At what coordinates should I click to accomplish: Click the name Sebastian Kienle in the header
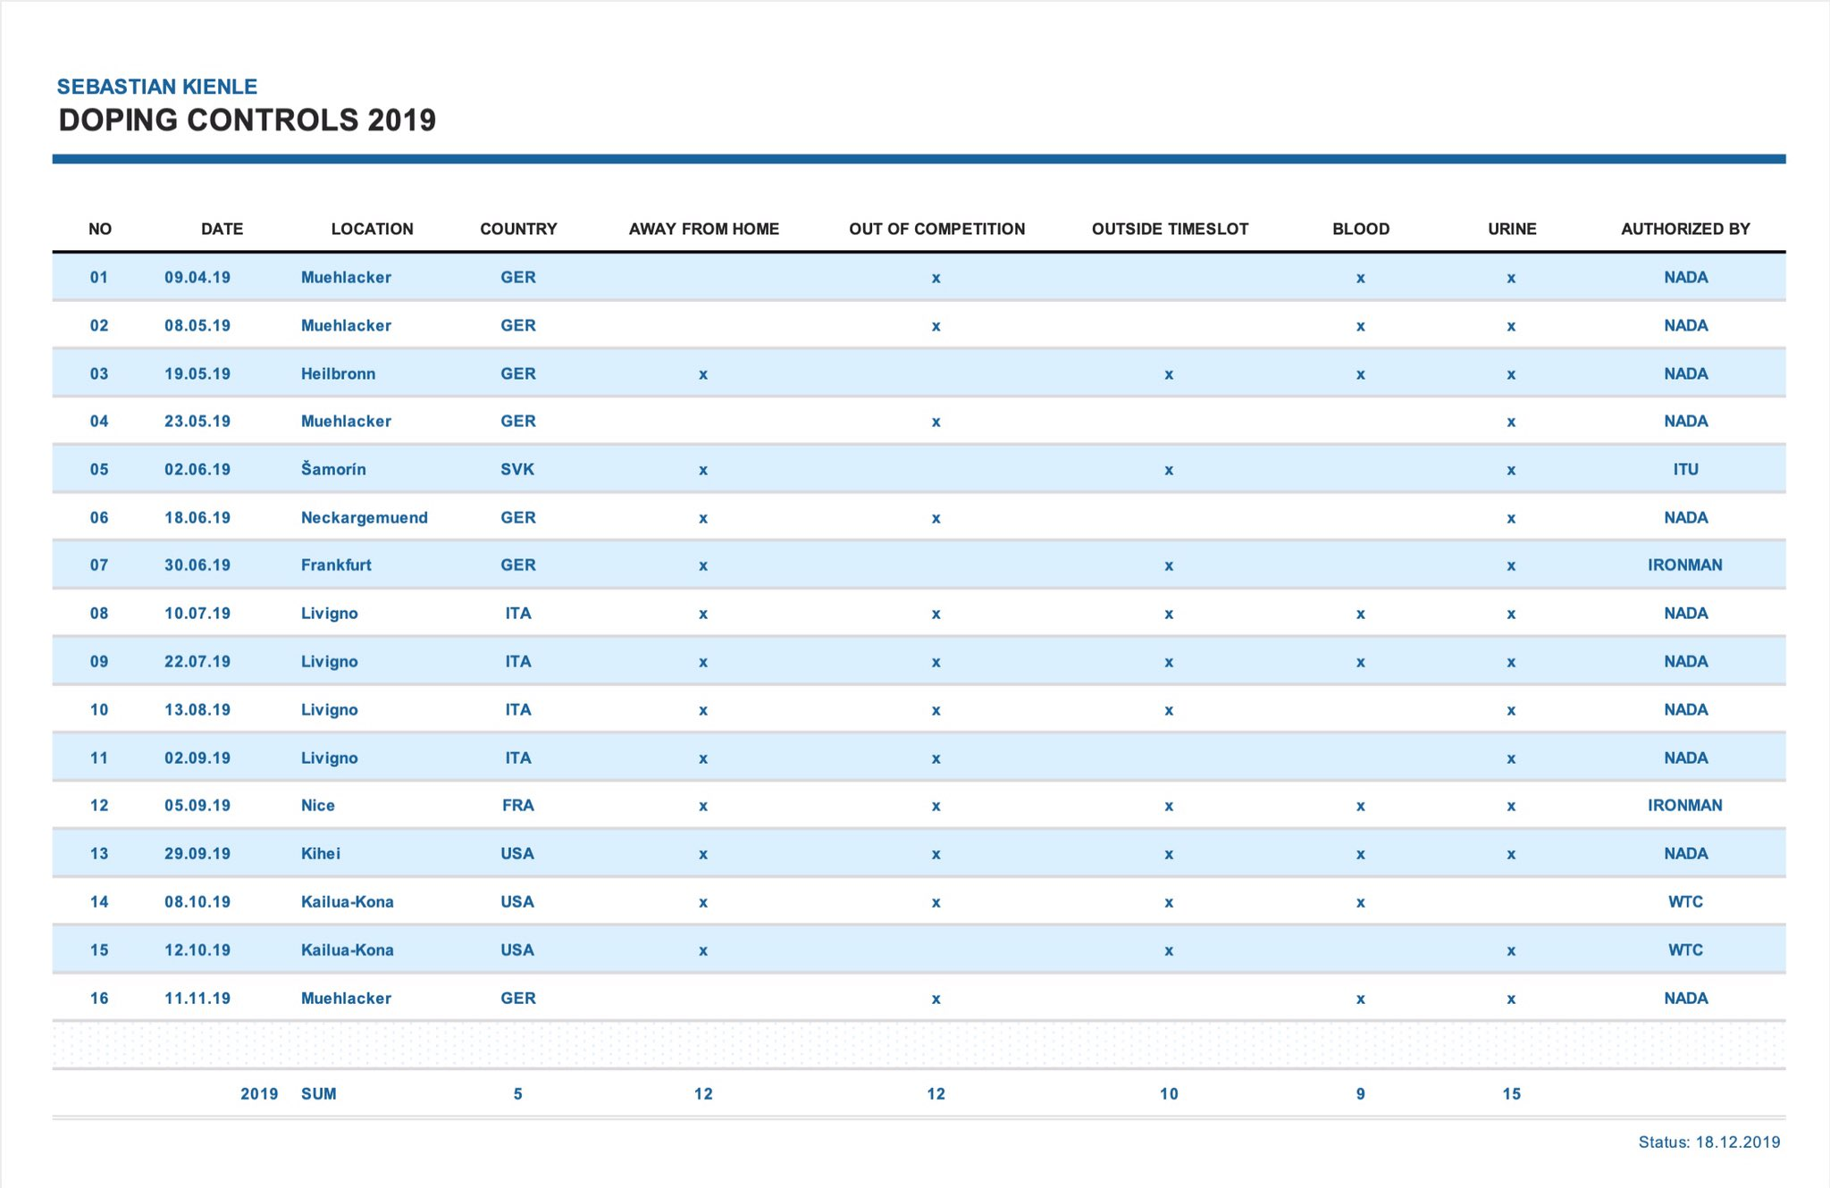pyautogui.click(x=157, y=87)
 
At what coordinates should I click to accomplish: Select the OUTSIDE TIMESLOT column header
pyautogui.click(x=1170, y=229)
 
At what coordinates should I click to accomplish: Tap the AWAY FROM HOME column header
pyautogui.click(x=704, y=229)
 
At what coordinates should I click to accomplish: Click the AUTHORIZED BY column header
pyautogui.click(x=1685, y=229)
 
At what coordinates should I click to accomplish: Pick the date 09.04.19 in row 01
pyautogui.click(x=197, y=277)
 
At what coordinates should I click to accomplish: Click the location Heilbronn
pyautogui.click(x=338, y=373)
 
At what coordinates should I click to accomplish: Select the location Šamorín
pyautogui.click(x=333, y=469)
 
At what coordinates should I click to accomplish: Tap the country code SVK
pyautogui.click(x=517, y=469)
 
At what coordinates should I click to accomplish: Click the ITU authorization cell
pyautogui.click(x=1685, y=469)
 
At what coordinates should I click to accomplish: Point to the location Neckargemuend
pyautogui.click(x=365, y=517)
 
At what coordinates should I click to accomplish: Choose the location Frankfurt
pyautogui.click(x=336, y=565)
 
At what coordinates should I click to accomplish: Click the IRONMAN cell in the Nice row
pyautogui.click(x=1685, y=805)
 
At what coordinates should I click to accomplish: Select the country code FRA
pyautogui.click(x=518, y=805)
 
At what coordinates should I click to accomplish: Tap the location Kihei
pyautogui.click(x=321, y=853)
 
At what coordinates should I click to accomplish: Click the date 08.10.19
pyautogui.click(x=197, y=901)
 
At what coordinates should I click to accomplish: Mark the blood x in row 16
pyautogui.click(x=1360, y=999)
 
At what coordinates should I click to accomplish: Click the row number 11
pyautogui.click(x=99, y=757)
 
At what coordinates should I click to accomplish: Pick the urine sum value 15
pyautogui.click(x=1511, y=1093)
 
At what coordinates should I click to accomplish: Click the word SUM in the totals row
pyautogui.click(x=319, y=1093)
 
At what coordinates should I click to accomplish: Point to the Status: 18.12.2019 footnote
pyautogui.click(x=1709, y=1142)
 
